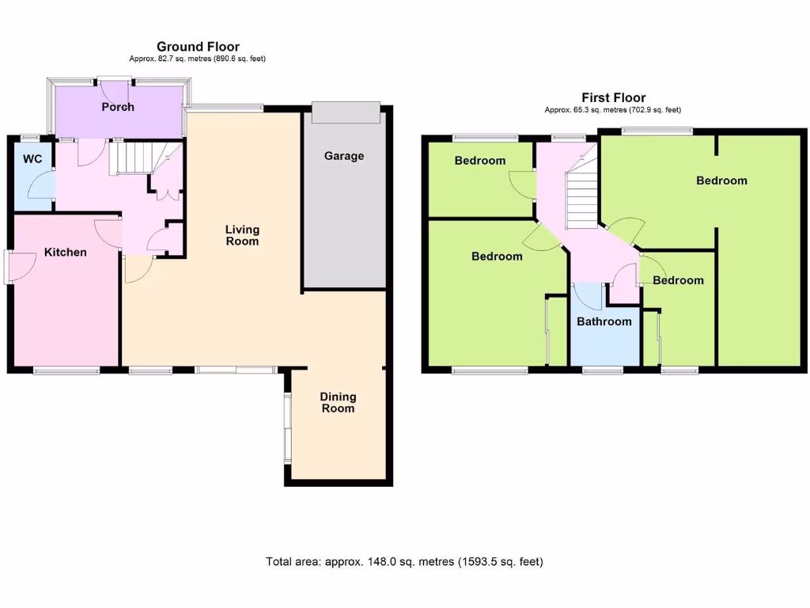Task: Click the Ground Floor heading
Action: (198, 47)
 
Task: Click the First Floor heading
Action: (613, 98)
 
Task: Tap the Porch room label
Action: (118, 107)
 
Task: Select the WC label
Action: (32, 159)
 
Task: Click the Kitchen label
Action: (65, 253)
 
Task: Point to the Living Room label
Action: (242, 235)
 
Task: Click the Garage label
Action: (344, 156)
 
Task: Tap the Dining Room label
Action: (338, 402)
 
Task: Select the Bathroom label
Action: (604, 321)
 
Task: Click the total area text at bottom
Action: (404, 562)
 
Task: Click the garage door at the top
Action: (346, 112)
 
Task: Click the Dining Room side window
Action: (288, 427)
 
